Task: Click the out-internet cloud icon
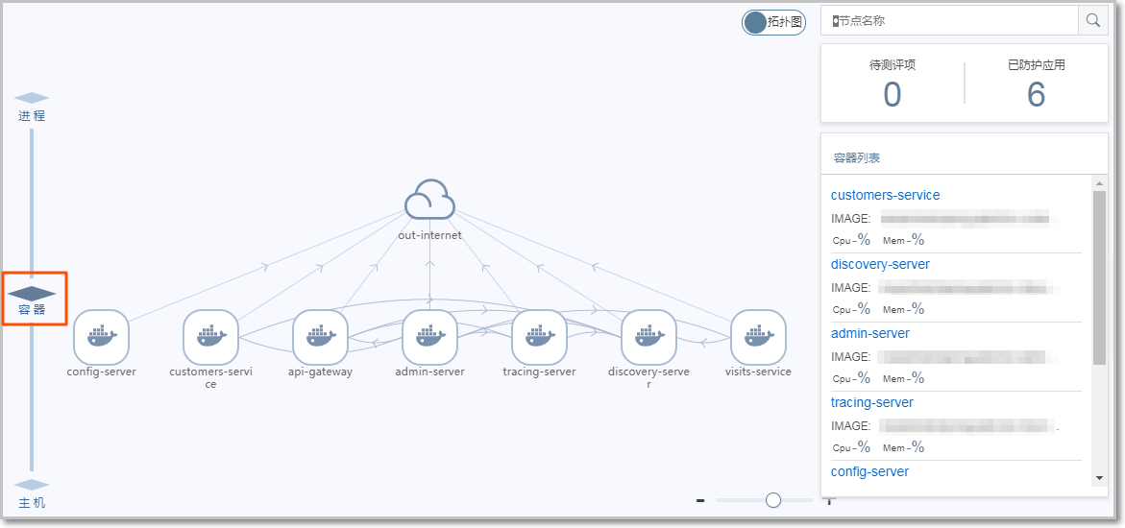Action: pyautogui.click(x=429, y=201)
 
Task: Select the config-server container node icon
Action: pyautogui.click(x=101, y=337)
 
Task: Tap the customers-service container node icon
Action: pyautogui.click(x=210, y=337)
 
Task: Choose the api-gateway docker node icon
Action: pyautogui.click(x=320, y=337)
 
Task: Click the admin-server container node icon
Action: pyautogui.click(x=429, y=337)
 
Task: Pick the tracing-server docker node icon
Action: pyautogui.click(x=539, y=337)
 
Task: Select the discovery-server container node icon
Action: pyautogui.click(x=648, y=337)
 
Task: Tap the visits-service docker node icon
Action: pyautogui.click(x=758, y=337)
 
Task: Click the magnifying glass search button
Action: pyautogui.click(x=1092, y=20)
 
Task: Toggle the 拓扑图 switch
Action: pyautogui.click(x=772, y=23)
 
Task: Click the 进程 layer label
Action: pyautogui.click(x=32, y=115)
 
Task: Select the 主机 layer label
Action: pyautogui.click(x=32, y=502)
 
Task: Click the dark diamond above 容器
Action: pyautogui.click(x=32, y=292)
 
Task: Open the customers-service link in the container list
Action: pyautogui.click(x=885, y=195)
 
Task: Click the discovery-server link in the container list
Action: pyautogui.click(x=880, y=264)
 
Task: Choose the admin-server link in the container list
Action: pyautogui.click(x=869, y=333)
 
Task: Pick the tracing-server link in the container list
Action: pyautogui.click(x=871, y=402)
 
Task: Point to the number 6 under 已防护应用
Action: pyautogui.click(x=1036, y=95)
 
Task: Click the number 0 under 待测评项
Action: pyautogui.click(x=893, y=95)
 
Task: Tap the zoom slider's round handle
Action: pyautogui.click(x=773, y=499)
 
